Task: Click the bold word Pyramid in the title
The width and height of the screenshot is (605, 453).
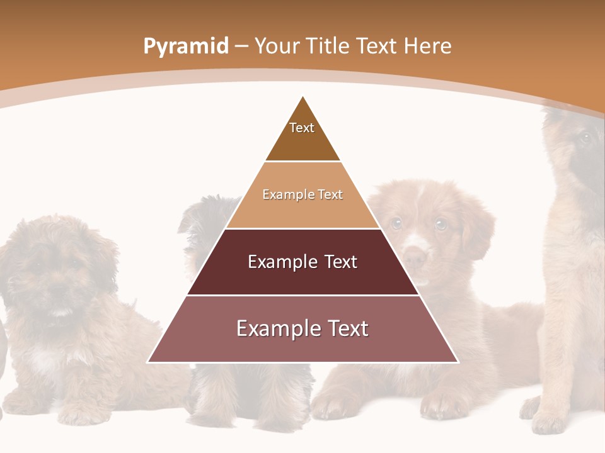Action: click(x=186, y=47)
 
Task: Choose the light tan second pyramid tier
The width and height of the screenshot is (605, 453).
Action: click(x=302, y=195)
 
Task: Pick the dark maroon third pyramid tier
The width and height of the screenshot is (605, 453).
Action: click(x=302, y=262)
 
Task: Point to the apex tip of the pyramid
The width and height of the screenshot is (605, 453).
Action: click(x=303, y=97)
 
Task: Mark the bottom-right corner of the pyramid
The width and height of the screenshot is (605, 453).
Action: click(x=458, y=362)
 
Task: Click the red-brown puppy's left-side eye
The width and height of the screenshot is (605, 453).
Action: click(x=396, y=222)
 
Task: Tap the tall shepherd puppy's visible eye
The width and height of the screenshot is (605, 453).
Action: click(x=584, y=138)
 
